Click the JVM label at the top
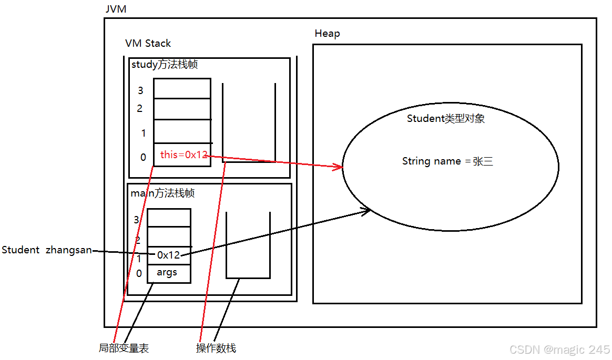pyautogui.click(x=116, y=9)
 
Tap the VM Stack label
pyautogui.click(x=148, y=44)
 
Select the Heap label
pyautogui.click(x=327, y=34)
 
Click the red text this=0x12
pyautogui.click(x=183, y=155)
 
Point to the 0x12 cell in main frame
pyautogui.click(x=168, y=255)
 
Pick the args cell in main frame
pyautogui.click(x=167, y=273)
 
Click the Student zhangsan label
pyautogui.click(x=47, y=250)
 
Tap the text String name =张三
pyautogui.click(x=447, y=161)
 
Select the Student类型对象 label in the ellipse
pyautogui.click(x=446, y=119)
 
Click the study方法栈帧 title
pyautogui.click(x=165, y=65)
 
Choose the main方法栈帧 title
pyautogui.click(x=162, y=193)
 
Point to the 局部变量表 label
pyautogui.click(x=124, y=348)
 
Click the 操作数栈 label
pyautogui.click(x=216, y=348)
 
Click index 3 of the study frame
pyautogui.click(x=140, y=90)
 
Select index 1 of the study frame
pyautogui.click(x=143, y=133)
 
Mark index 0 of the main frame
pyautogui.click(x=139, y=273)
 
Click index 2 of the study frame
pyautogui.click(x=140, y=109)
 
